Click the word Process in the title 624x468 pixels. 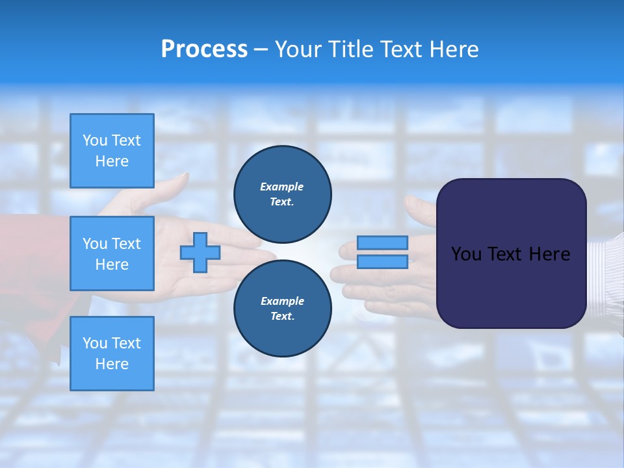(204, 49)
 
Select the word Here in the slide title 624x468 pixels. (450, 49)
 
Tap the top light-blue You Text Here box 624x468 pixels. (112, 151)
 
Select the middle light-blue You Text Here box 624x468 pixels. (112, 253)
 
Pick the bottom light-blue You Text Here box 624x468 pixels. (112, 353)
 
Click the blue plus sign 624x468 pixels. (200, 252)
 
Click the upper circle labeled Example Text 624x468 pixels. (282, 194)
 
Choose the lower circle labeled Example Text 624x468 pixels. (282, 308)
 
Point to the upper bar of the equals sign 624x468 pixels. (382, 243)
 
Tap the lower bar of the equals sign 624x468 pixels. (382, 262)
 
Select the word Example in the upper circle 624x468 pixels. (282, 187)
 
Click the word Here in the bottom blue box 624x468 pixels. (112, 364)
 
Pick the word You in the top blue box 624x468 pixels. (95, 140)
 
